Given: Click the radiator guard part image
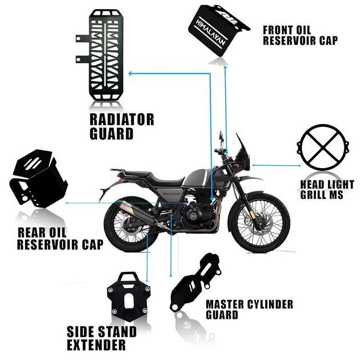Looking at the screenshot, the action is (100, 55).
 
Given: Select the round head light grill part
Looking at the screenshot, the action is (323, 147).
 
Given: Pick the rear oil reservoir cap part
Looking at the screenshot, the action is (38, 178).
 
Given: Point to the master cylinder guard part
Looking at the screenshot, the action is (196, 282).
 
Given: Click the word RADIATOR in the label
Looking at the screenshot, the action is (122, 119).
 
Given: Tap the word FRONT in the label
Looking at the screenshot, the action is (278, 30).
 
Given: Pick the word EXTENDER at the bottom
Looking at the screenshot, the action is (96, 345).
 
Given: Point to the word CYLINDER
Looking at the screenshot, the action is (270, 305).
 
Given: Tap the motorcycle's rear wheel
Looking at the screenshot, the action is (131, 223).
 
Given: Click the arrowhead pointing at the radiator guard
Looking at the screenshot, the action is (130, 74).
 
